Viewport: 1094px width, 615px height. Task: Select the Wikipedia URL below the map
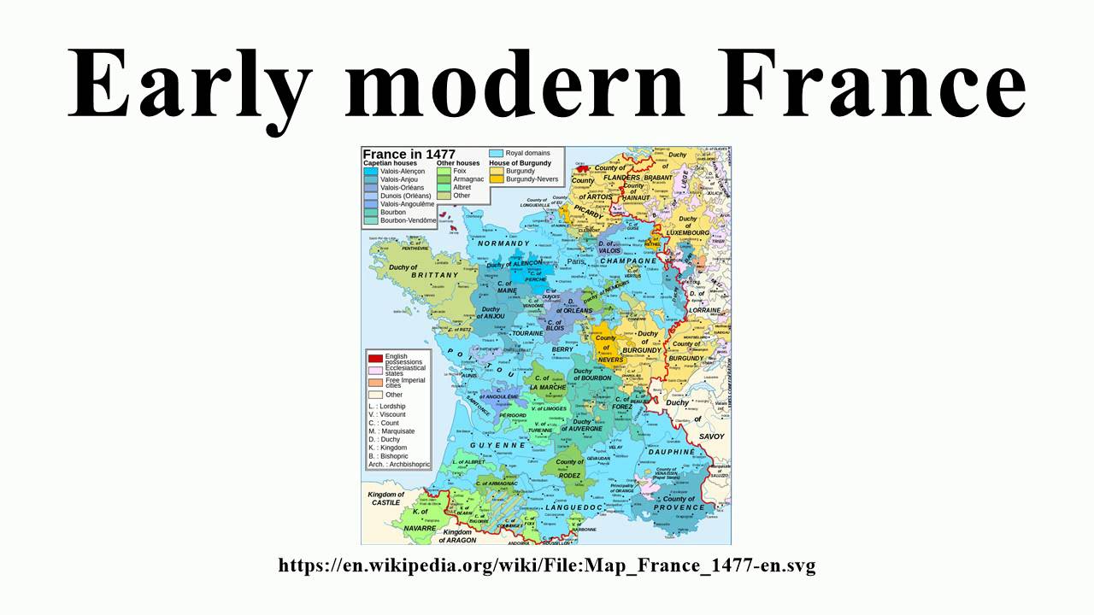(547, 565)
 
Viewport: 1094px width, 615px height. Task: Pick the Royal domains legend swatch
(496, 153)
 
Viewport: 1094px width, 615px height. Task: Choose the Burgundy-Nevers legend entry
(496, 179)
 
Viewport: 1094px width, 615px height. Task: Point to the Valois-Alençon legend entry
(371, 171)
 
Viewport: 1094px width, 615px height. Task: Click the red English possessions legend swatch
(374, 357)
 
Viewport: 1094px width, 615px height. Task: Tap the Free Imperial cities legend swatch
(374, 381)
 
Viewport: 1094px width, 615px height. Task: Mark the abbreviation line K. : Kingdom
(388, 448)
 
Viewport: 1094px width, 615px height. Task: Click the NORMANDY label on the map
(504, 243)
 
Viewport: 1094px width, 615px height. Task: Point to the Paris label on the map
(575, 261)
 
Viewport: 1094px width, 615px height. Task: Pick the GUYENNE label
(497, 445)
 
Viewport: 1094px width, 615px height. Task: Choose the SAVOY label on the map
(711, 436)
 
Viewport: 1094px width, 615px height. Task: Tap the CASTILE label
(385, 503)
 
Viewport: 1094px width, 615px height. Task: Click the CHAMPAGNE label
(628, 261)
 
